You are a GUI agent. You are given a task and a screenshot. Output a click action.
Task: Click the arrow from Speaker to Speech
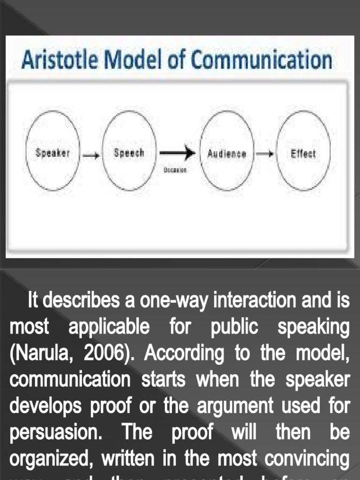(91, 154)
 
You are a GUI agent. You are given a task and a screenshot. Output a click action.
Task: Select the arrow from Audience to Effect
(265, 154)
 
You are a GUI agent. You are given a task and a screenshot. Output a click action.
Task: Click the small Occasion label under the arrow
(175, 170)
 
